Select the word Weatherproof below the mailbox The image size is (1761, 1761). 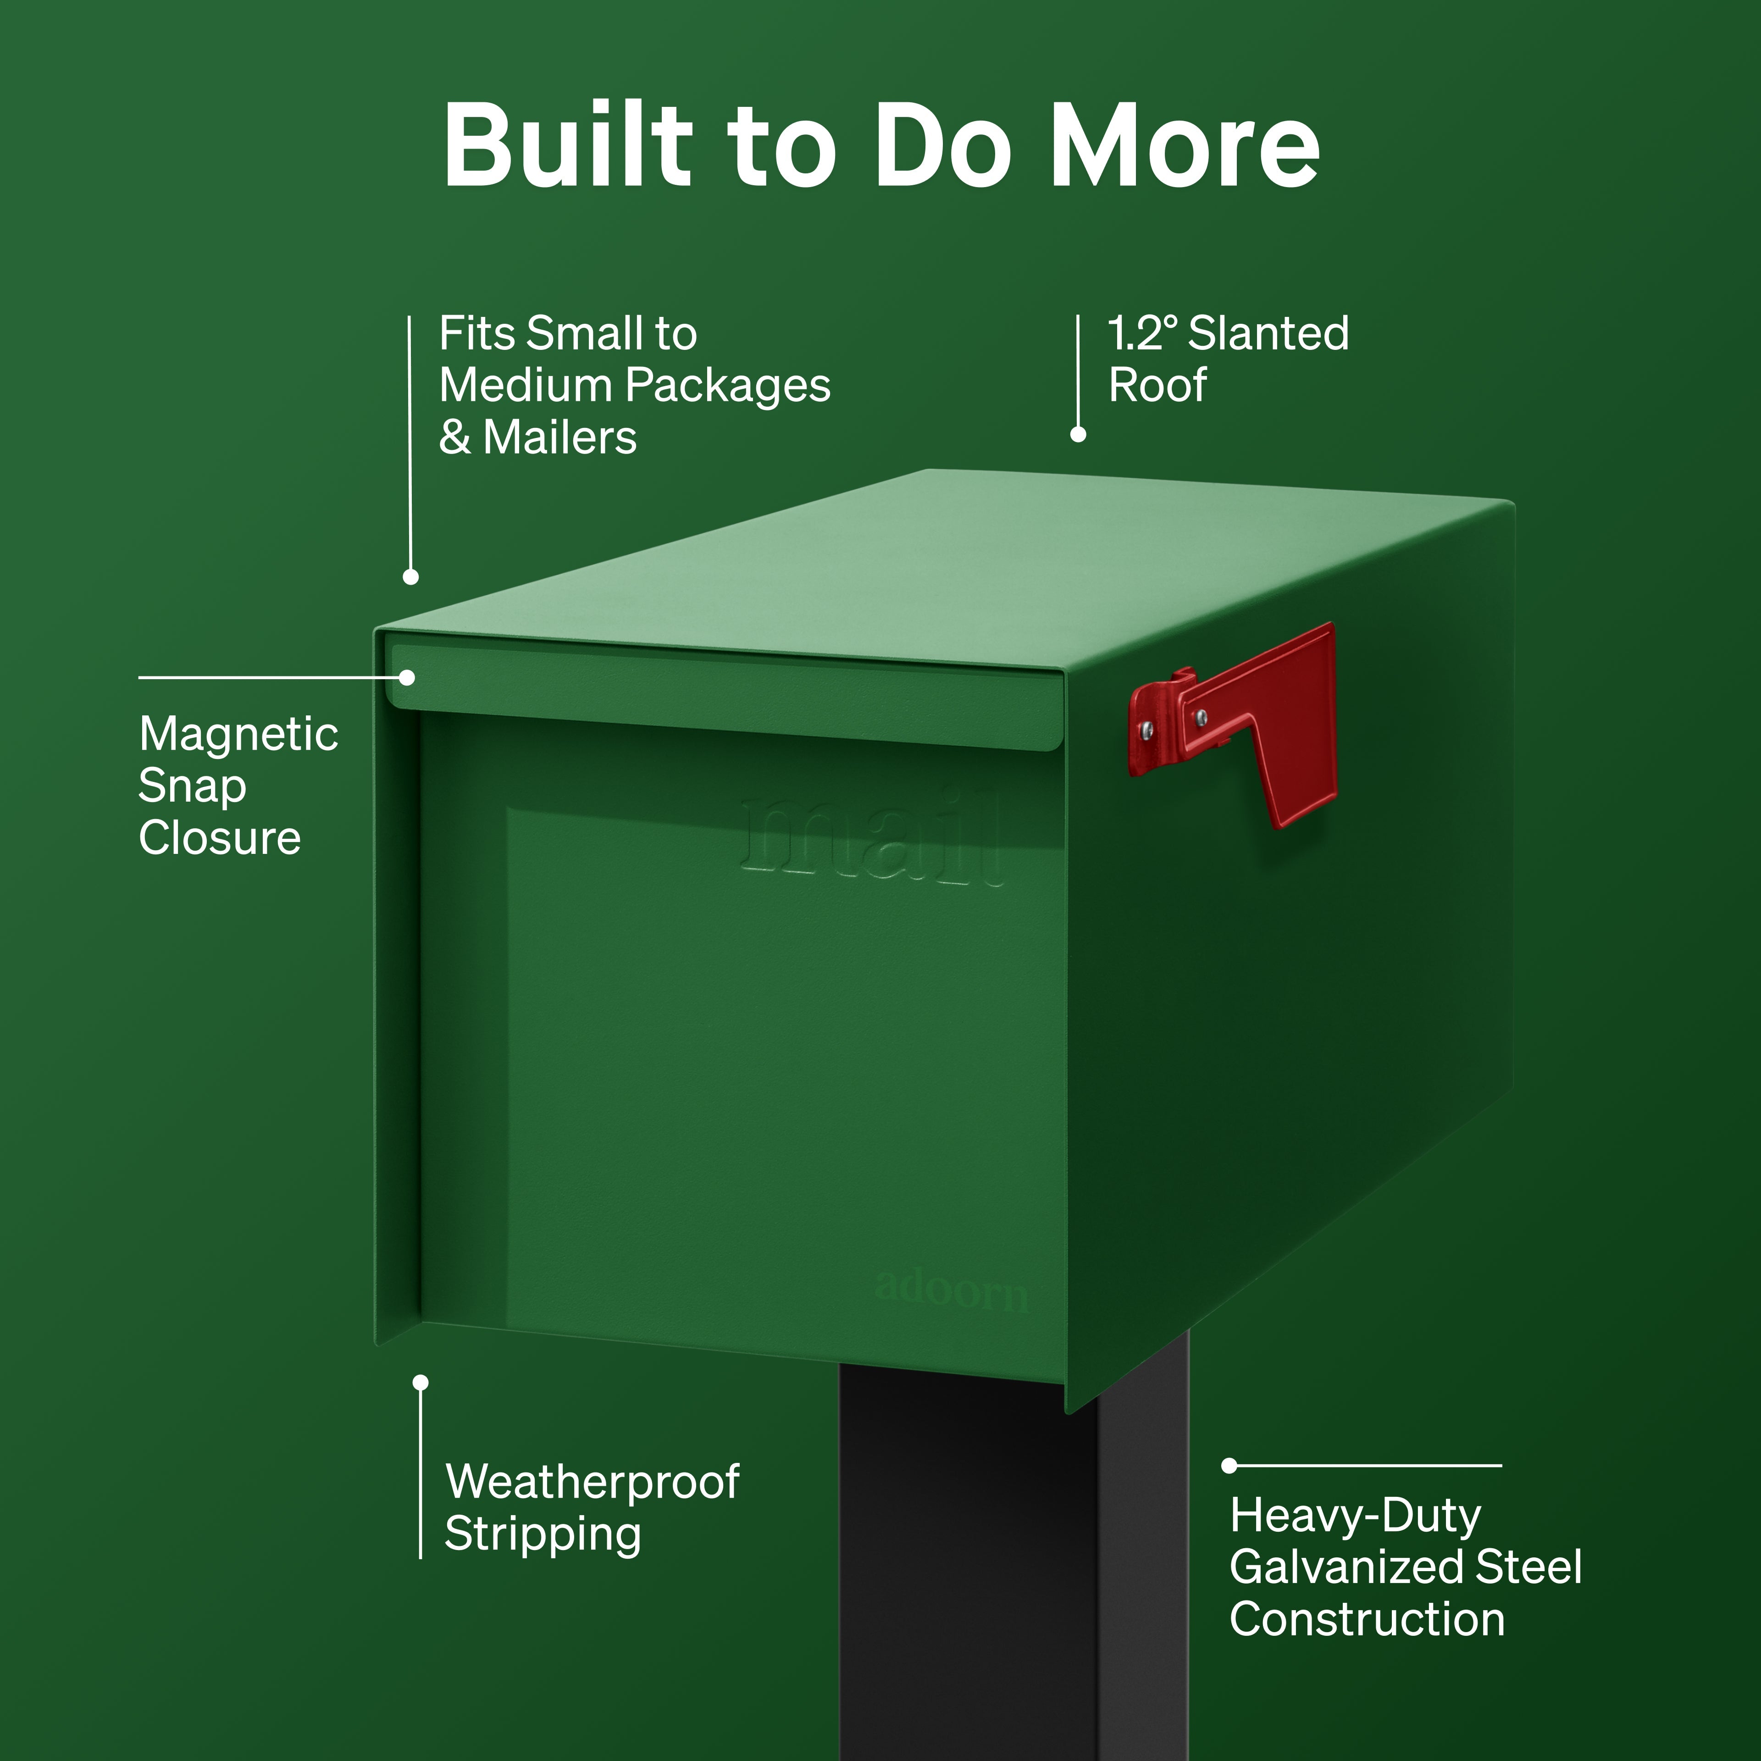click(593, 1482)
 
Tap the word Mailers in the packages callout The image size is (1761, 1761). click(559, 437)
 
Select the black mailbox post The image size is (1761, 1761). click(1013, 1559)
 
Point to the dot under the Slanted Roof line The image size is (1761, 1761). click(1078, 435)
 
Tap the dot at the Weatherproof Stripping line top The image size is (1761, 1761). click(420, 1383)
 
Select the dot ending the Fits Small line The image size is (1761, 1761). click(411, 577)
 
